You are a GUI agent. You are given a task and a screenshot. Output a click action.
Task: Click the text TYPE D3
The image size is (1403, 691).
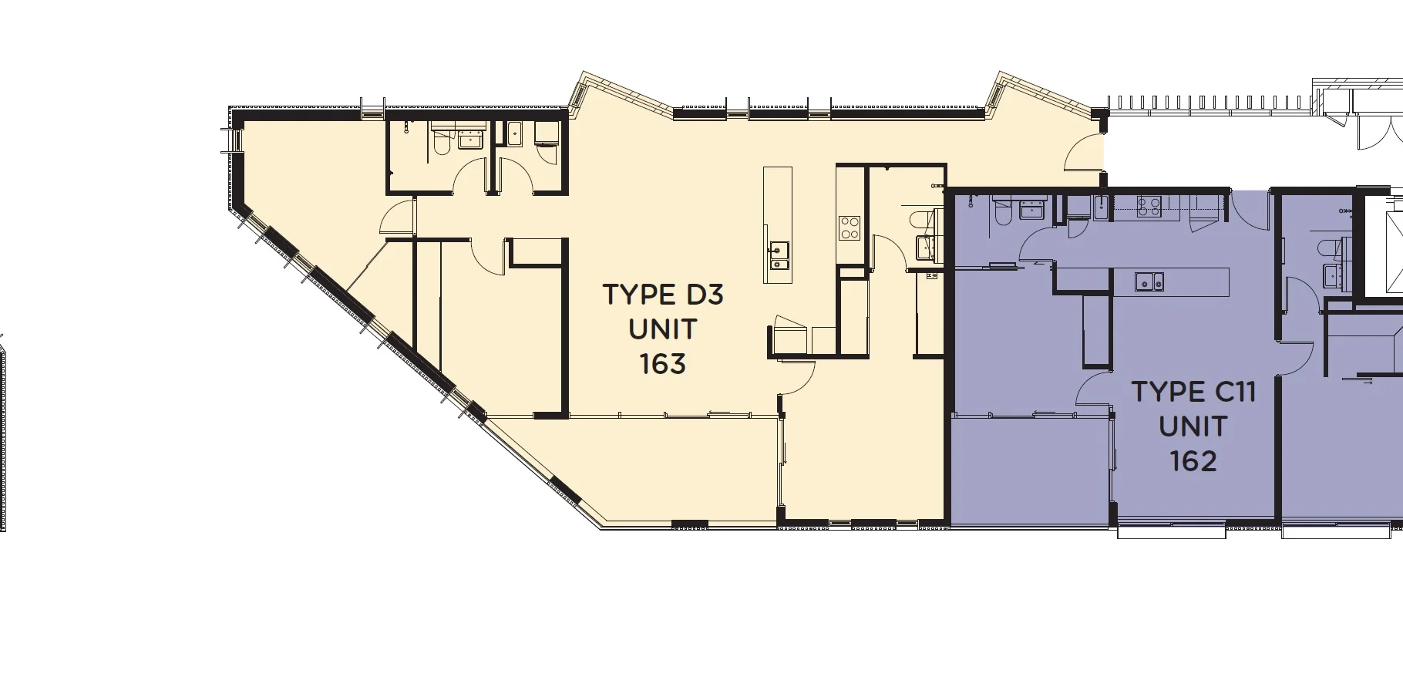click(x=663, y=295)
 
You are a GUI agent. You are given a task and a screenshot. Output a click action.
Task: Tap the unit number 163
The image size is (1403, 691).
click(x=663, y=363)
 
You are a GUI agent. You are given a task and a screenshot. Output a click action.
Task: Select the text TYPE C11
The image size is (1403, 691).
click(x=1193, y=392)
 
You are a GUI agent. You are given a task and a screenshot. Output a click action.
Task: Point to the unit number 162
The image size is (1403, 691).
click(x=1193, y=461)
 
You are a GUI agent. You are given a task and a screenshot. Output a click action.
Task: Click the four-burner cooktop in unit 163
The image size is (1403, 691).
click(x=850, y=228)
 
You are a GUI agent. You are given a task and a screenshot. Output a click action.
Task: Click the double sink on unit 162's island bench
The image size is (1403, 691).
click(x=1149, y=281)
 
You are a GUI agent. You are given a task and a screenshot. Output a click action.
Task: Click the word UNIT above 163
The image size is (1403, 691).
click(x=663, y=329)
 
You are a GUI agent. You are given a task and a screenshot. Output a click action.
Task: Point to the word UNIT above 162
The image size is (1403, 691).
click(x=1193, y=426)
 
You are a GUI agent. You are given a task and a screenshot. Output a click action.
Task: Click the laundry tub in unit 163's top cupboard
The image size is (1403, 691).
click(x=515, y=134)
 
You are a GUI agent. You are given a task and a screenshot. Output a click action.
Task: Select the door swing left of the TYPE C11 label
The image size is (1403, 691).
click(x=1093, y=388)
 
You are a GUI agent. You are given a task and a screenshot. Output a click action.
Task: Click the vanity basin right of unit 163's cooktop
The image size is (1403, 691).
click(x=925, y=247)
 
